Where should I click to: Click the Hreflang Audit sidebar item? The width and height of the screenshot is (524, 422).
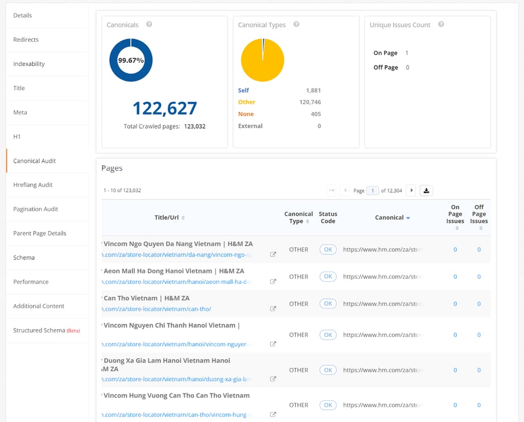click(33, 185)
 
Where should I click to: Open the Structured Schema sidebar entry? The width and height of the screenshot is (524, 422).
click(39, 330)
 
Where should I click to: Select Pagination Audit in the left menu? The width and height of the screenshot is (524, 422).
click(36, 209)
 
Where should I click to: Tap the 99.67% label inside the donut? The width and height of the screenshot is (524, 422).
click(131, 60)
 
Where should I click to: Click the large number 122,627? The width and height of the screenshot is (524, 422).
click(165, 108)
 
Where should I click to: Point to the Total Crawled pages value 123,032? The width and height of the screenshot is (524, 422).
click(195, 126)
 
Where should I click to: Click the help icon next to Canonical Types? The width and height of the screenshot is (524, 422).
click(296, 25)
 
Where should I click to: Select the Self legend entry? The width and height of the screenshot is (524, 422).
click(244, 91)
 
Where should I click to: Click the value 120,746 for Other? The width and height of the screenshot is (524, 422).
click(310, 102)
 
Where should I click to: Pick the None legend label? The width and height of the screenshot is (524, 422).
click(246, 114)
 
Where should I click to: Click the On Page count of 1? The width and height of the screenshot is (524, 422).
click(406, 53)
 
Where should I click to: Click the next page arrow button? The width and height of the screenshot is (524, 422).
click(411, 191)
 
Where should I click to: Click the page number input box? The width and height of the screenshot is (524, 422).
click(372, 191)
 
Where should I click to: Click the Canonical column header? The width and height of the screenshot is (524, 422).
click(390, 218)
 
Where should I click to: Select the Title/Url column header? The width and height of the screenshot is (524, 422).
click(167, 218)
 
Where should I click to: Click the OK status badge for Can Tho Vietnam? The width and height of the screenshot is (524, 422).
click(328, 304)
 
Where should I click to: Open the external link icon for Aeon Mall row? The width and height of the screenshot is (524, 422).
click(273, 282)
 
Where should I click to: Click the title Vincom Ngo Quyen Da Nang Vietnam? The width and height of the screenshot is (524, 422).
click(178, 244)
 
